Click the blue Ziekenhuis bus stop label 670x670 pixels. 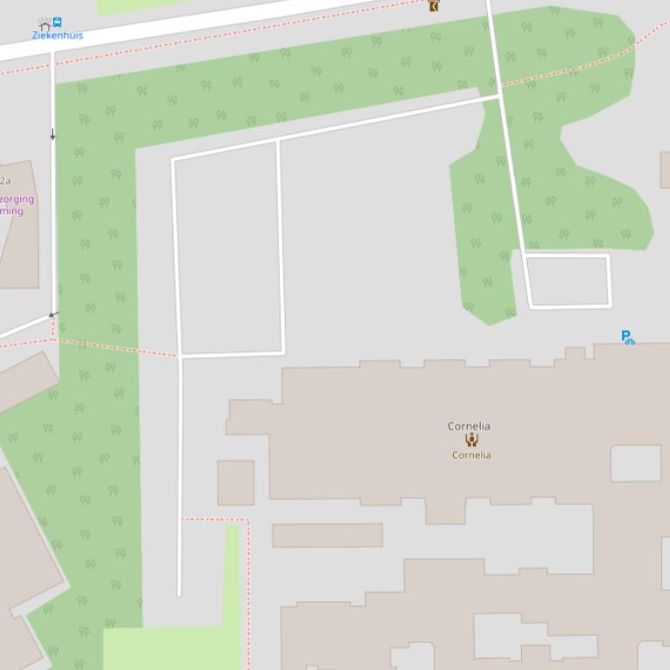point(58,36)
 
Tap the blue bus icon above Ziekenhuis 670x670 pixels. point(58,23)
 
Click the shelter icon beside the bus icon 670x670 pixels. point(44,24)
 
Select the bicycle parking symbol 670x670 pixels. point(627,337)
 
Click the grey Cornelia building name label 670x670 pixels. point(469,426)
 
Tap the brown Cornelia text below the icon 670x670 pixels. point(471,455)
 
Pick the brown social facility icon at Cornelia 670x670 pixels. point(471,440)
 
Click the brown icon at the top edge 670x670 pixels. point(433,5)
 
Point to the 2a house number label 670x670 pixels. point(5,181)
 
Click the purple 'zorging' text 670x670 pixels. point(17,199)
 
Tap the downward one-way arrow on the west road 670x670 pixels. point(53,134)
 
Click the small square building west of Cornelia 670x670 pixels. point(235,483)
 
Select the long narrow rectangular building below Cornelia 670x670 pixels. point(327,535)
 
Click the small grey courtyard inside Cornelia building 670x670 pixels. point(635,463)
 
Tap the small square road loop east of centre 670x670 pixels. point(568,281)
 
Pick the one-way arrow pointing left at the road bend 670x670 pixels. point(52,314)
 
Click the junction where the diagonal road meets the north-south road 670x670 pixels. point(498,97)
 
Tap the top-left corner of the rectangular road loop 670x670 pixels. point(173,160)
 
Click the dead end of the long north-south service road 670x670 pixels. point(179,595)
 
